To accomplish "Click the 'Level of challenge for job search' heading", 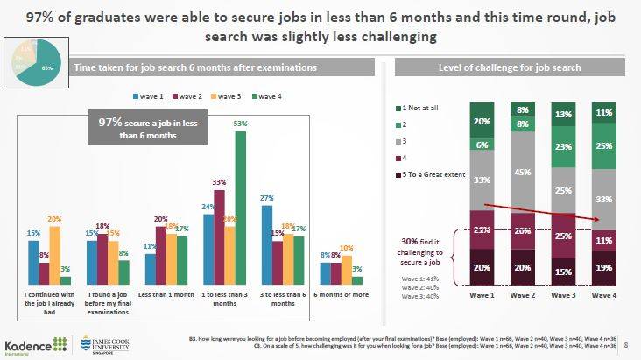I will [x=511, y=67].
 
